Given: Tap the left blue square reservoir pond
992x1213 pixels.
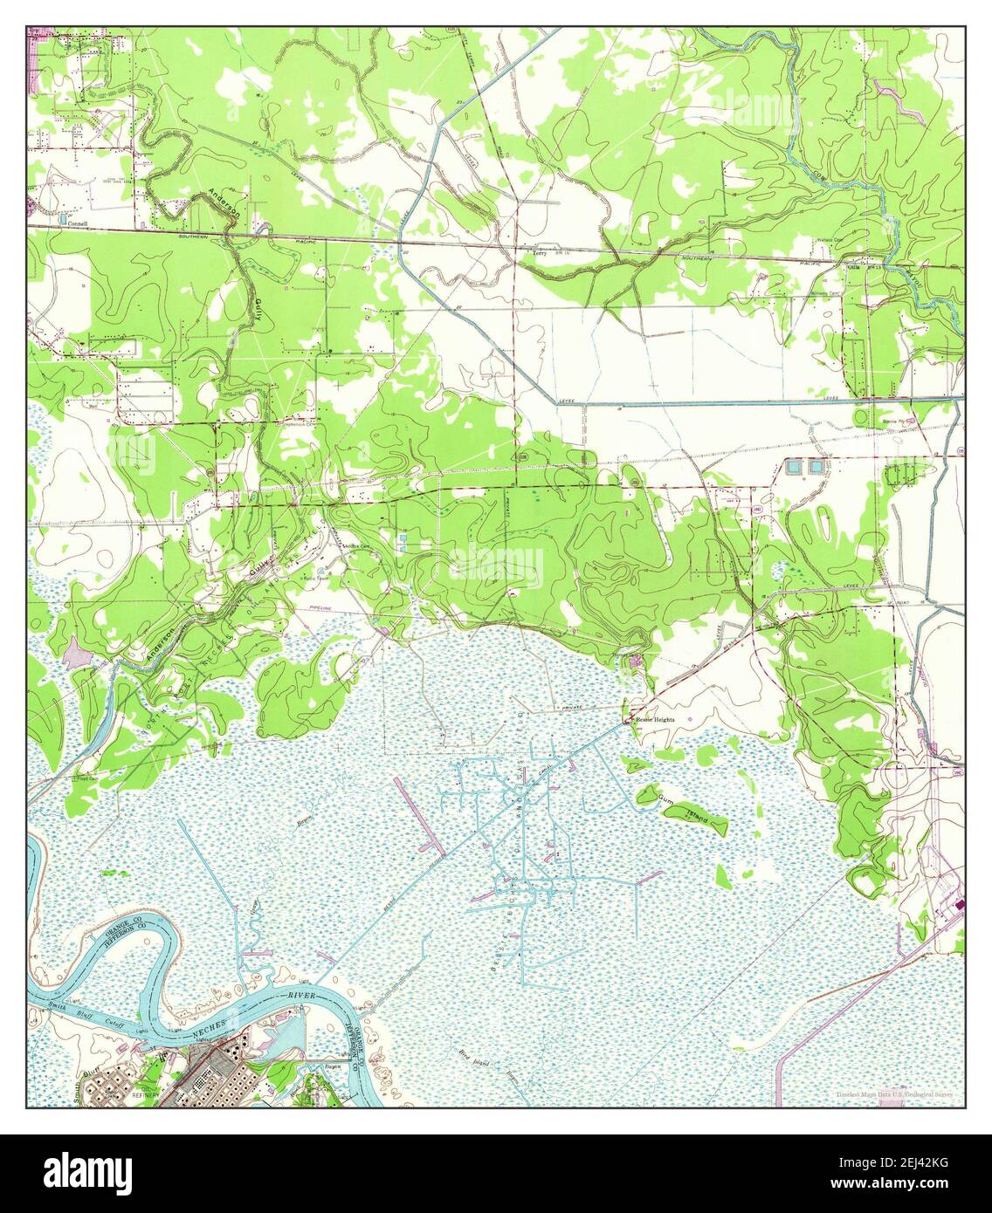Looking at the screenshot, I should click(793, 467).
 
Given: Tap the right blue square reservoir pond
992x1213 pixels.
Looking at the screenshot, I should click(816, 467).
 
